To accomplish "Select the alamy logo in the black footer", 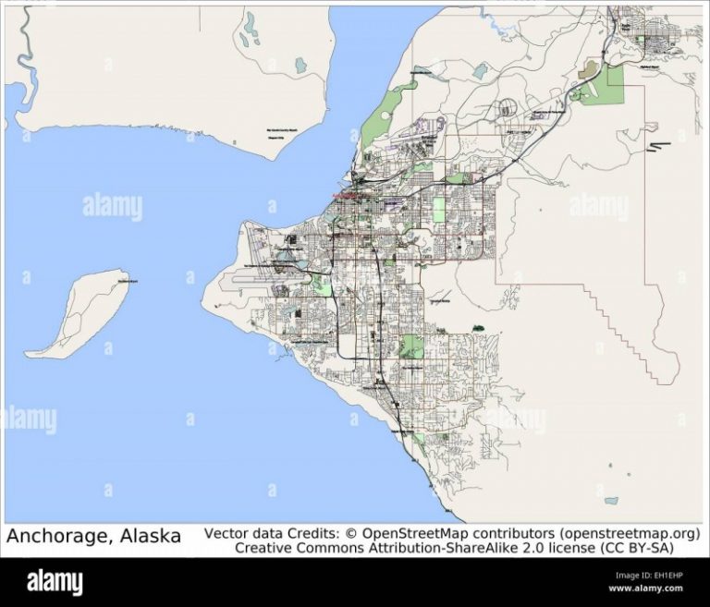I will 55,581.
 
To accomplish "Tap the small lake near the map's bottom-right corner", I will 609,501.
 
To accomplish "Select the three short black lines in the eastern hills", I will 660,148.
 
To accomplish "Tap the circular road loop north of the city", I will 507,109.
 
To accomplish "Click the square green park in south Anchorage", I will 412,347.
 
